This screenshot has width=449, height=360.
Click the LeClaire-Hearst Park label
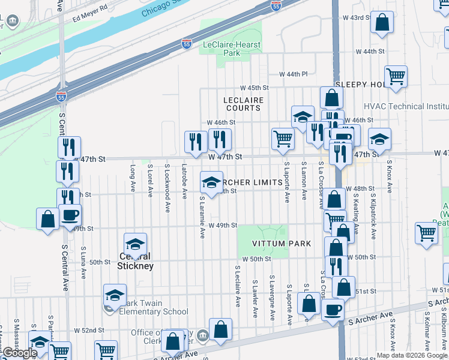tap(231, 49)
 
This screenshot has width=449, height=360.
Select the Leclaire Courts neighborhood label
tap(243, 104)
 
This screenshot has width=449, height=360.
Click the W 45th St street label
tap(255, 88)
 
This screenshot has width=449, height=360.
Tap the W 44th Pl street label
tap(293, 74)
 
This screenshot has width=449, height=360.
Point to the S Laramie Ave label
tap(202, 217)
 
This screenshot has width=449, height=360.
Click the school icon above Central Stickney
tap(136, 244)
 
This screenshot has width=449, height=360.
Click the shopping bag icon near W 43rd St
tap(382, 23)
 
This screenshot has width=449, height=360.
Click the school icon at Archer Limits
tap(211, 181)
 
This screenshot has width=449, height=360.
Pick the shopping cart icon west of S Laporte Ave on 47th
tap(283, 138)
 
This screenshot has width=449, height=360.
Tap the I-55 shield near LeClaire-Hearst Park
tap(186, 43)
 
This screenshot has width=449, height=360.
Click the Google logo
tap(20, 353)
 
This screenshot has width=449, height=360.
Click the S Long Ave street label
tap(133, 179)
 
